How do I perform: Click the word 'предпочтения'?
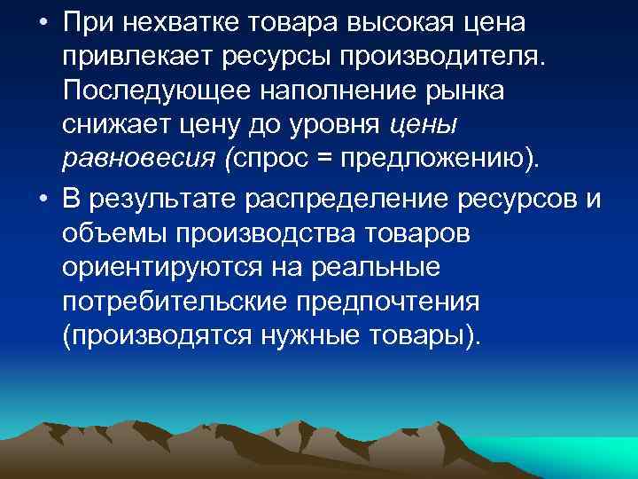pyautogui.click(x=404, y=302)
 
